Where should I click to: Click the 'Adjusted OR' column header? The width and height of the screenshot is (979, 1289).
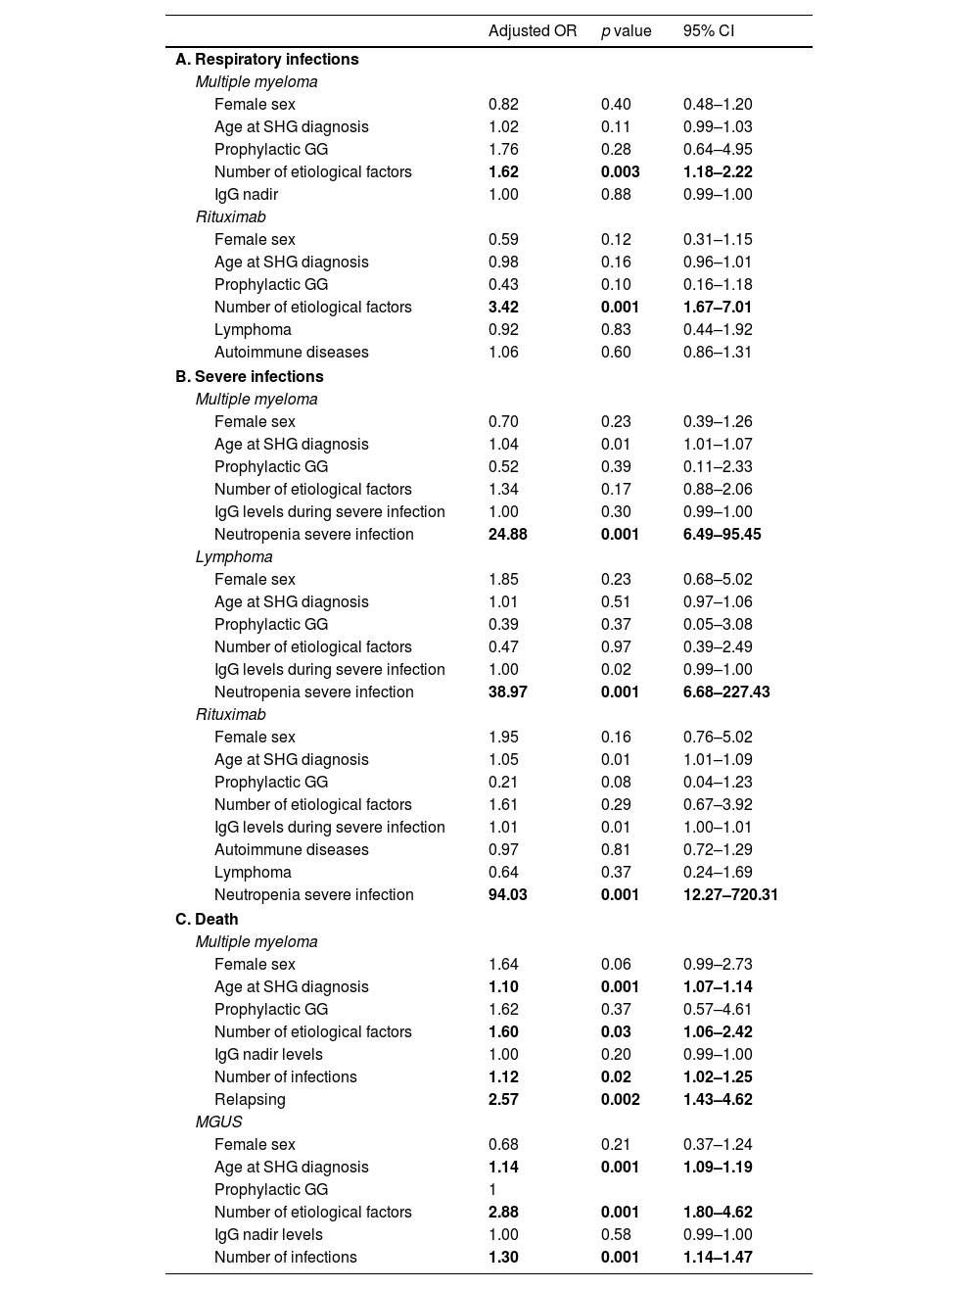(x=533, y=31)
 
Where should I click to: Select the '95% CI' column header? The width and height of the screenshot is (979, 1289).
(x=708, y=31)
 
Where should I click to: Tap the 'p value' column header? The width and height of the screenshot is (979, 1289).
(x=626, y=31)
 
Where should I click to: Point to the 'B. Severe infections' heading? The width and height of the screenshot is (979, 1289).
(x=249, y=377)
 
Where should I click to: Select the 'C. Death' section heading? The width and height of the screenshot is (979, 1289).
(x=207, y=920)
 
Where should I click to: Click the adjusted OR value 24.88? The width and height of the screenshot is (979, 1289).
(x=507, y=535)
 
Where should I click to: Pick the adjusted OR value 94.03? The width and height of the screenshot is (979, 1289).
(x=507, y=895)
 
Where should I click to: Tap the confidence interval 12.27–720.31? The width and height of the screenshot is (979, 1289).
(x=730, y=895)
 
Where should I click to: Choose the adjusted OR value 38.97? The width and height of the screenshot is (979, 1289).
(x=507, y=692)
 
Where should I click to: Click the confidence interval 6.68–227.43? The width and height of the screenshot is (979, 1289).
(x=726, y=692)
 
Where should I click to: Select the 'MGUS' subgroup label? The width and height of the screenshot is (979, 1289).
(x=218, y=1122)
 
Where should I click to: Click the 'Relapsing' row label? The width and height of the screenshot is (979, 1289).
(x=250, y=1100)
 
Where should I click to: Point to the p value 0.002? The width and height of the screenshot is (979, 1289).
(x=620, y=1100)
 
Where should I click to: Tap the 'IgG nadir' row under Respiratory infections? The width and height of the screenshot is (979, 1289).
(x=246, y=195)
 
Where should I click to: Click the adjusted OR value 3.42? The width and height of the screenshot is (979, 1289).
(x=503, y=308)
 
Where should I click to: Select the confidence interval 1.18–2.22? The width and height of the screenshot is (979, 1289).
(x=718, y=172)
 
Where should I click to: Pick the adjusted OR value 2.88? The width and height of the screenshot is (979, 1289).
(x=503, y=1213)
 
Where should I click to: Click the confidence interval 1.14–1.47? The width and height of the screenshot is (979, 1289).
(x=718, y=1258)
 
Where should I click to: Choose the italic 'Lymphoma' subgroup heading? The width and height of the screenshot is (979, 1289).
(x=234, y=557)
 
